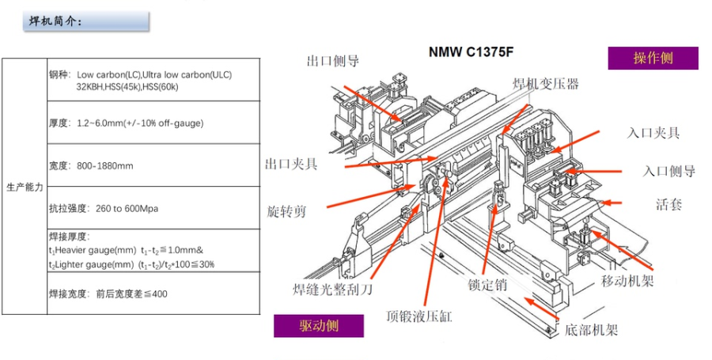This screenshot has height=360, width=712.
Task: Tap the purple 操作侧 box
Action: coord(653,59)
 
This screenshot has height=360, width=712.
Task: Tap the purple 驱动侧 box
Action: coord(319,326)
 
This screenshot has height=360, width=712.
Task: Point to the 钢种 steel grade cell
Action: coord(153,80)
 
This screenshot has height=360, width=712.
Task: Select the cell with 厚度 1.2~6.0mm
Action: coord(153,123)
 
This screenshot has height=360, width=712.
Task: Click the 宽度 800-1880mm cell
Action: coord(153,165)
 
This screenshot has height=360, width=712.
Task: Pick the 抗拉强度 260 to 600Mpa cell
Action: coord(153,208)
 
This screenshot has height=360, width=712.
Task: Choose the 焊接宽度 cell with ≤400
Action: coord(153,294)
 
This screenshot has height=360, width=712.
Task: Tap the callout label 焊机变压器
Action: coord(545,83)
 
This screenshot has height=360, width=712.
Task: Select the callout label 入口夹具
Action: coord(653,132)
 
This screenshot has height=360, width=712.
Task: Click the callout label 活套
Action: coord(668,204)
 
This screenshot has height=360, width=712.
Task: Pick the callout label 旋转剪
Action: coord(287,211)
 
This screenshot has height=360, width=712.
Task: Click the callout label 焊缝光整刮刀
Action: coord(332,289)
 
